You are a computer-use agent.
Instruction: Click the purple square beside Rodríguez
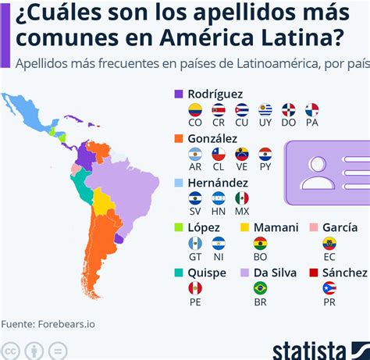pos(179,94)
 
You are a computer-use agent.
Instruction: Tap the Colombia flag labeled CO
pos(195,109)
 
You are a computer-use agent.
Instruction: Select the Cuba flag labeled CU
pos(242,109)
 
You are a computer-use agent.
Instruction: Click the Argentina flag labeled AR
pos(195,154)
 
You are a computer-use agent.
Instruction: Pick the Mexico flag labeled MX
pos(242,198)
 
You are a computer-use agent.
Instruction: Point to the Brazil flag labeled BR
pos(261,287)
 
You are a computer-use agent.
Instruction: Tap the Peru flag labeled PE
pos(195,287)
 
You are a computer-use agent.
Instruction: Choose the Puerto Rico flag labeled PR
pos(329,287)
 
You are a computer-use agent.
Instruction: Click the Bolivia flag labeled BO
pos(261,243)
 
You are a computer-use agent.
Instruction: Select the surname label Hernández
pos(218,182)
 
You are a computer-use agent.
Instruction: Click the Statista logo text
pos(309,349)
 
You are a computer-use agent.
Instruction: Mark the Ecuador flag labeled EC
pos(329,243)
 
